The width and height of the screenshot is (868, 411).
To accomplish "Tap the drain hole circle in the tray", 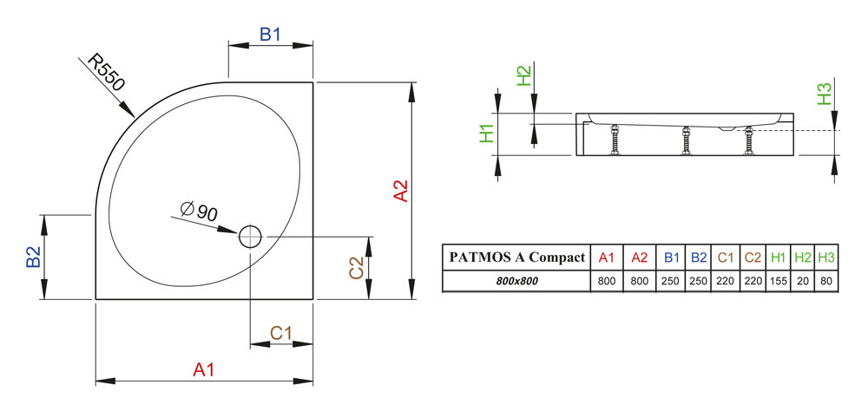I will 250,235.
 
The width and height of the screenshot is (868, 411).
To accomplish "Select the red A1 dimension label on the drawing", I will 203,369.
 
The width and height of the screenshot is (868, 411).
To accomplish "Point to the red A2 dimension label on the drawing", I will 401,191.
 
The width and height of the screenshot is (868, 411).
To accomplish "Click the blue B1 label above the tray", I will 271,36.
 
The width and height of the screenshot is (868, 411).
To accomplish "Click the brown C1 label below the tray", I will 280,332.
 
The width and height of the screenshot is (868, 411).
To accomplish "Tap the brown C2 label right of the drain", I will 356,268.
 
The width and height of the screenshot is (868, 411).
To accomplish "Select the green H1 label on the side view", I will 488,133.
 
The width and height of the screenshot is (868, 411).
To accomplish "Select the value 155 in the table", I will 778,282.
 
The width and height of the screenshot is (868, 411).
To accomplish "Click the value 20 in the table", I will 804,282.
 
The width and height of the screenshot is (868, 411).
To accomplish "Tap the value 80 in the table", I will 826,282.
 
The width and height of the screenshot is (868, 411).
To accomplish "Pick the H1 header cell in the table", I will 778,258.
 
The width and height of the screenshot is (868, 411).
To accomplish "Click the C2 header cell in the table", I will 752,258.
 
